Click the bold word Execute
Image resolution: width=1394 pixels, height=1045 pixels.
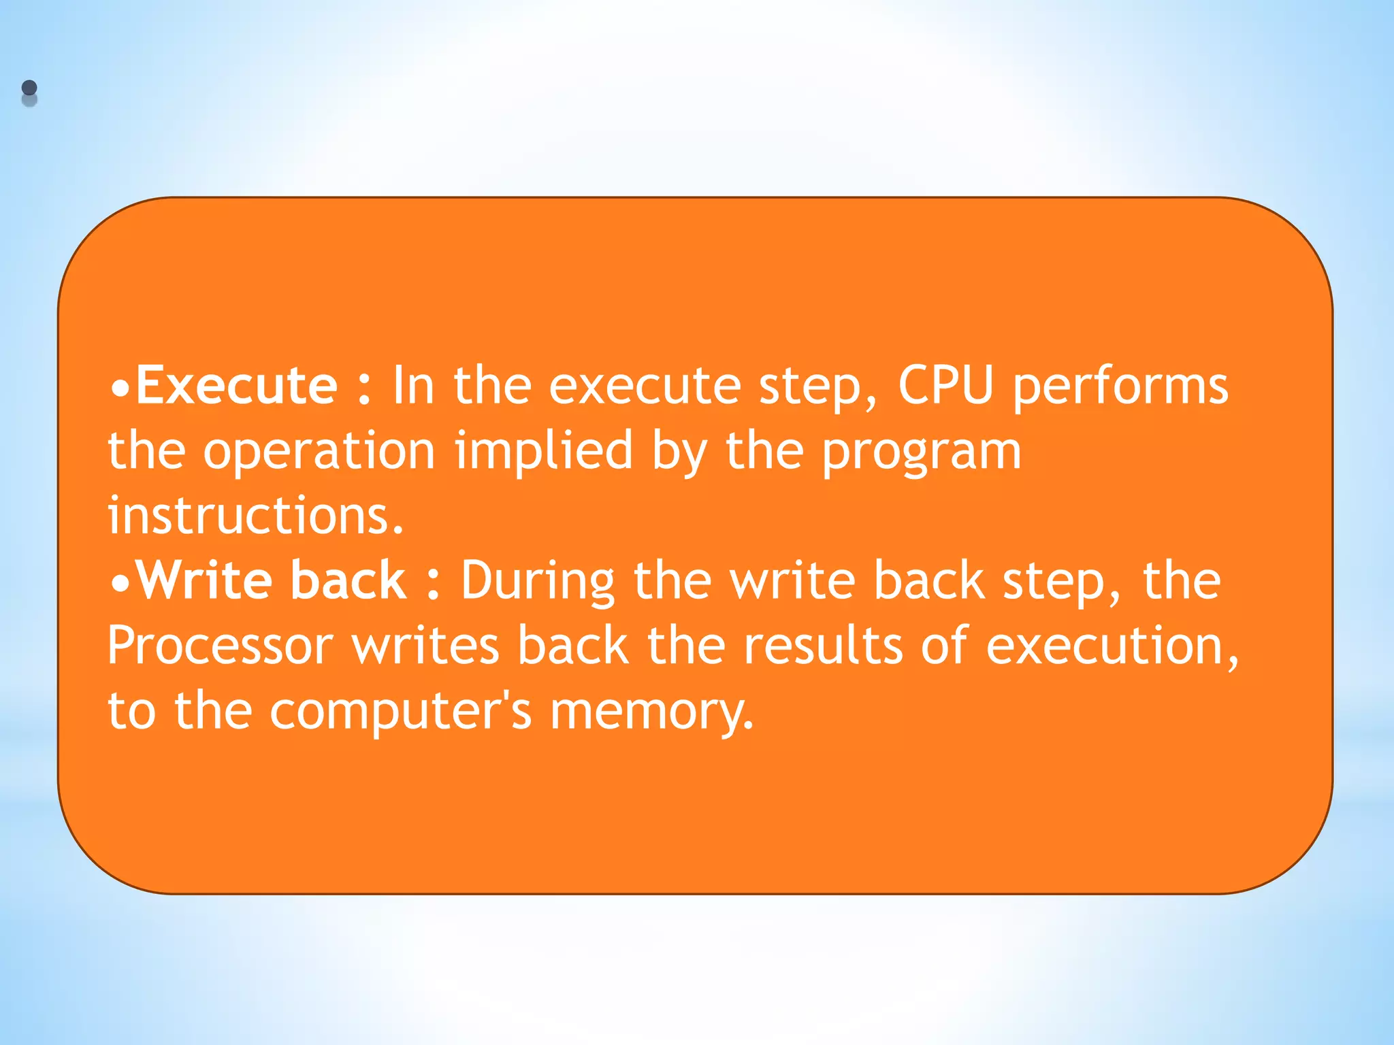[237, 386]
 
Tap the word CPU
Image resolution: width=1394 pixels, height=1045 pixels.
[945, 386]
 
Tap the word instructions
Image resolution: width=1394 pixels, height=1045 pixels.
[256, 516]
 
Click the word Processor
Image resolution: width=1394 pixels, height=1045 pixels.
[221, 646]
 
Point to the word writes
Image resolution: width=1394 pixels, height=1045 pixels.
[425, 646]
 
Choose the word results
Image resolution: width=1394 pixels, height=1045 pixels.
[822, 646]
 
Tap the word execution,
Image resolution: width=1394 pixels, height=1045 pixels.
[1112, 646]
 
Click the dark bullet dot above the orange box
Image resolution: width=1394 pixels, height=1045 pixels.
[29, 88]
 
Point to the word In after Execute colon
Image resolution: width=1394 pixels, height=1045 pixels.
[412, 386]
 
